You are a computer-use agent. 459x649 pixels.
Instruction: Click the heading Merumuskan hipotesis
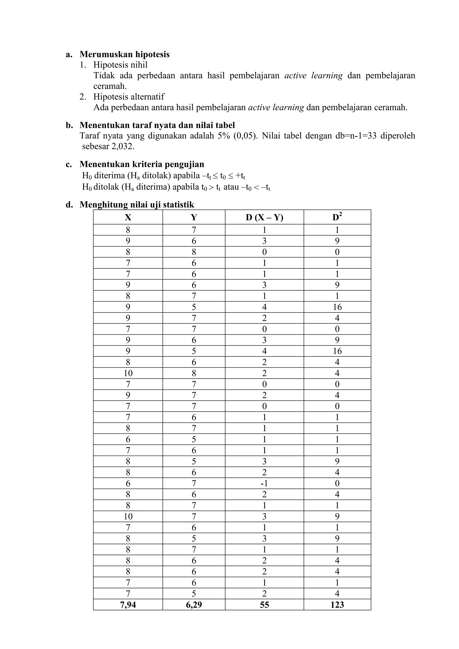pyautogui.click(x=124, y=54)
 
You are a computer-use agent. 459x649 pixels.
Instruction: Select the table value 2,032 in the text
pyautogui.click(x=123, y=147)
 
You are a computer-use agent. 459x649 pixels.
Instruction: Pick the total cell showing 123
pyautogui.click(x=337, y=605)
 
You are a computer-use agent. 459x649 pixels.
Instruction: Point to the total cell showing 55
pyautogui.click(x=264, y=605)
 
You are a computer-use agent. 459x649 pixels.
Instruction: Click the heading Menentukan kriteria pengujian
pyautogui.click(x=142, y=164)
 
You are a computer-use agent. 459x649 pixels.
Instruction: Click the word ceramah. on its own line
pyautogui.click(x=110, y=86)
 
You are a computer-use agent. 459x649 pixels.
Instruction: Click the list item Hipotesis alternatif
pyautogui.click(x=129, y=97)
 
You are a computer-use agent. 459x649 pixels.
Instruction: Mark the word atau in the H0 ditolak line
pyautogui.click(x=231, y=187)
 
